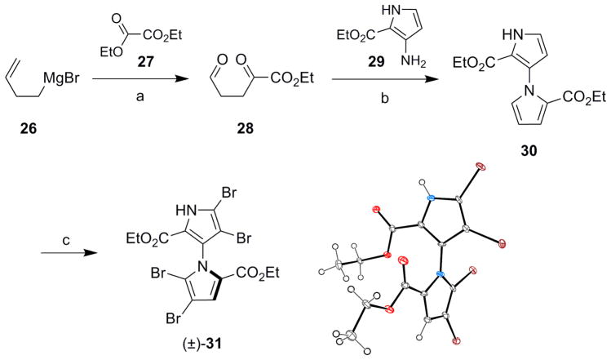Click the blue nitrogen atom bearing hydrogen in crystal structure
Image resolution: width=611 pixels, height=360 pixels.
click(430, 197)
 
